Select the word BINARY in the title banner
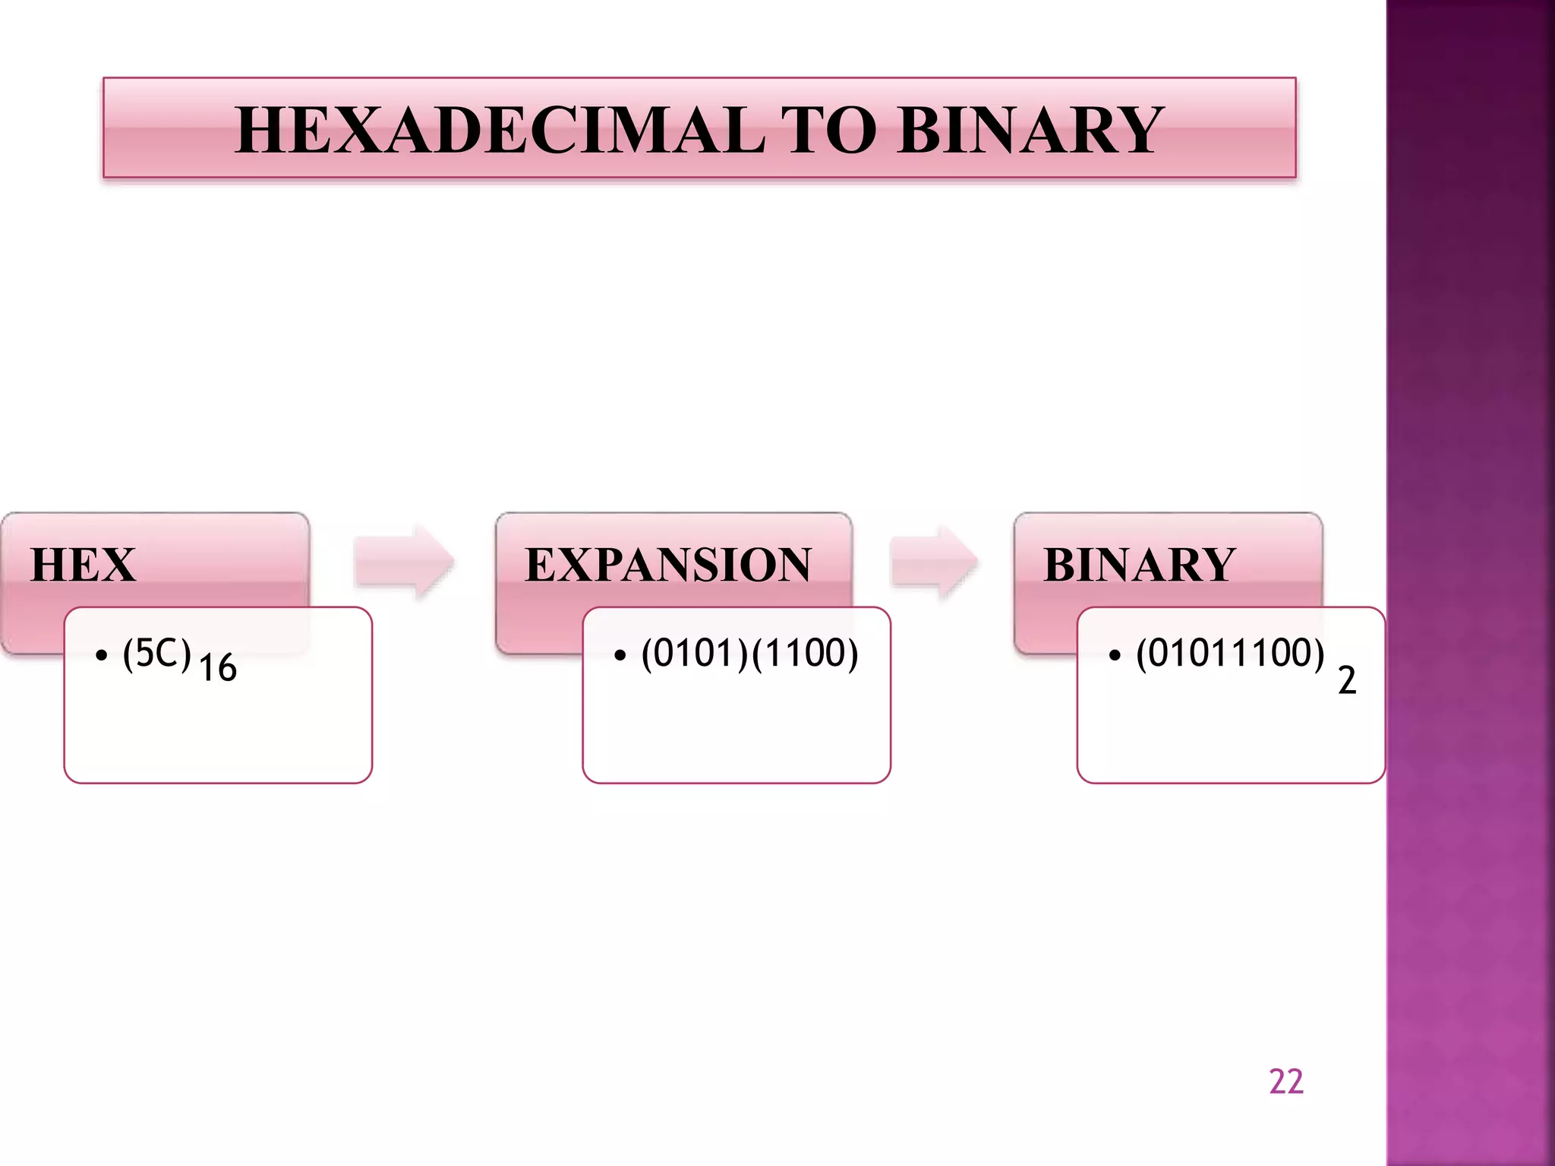pyautogui.click(x=1030, y=131)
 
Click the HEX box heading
pyautogui.click(x=84, y=565)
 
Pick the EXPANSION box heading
pyautogui.click(x=668, y=565)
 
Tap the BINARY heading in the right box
pyautogui.click(x=1139, y=565)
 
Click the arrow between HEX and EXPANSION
pyautogui.click(x=404, y=563)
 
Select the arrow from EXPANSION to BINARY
pyautogui.click(x=934, y=563)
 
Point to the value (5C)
pyautogui.click(x=156, y=654)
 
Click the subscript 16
pyautogui.click(x=218, y=668)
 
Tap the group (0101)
pyautogui.click(x=694, y=654)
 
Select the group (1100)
pyautogui.click(x=805, y=654)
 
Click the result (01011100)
pyautogui.click(x=1230, y=654)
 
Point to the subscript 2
pyautogui.click(x=1347, y=680)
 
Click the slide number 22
pyautogui.click(x=1285, y=1082)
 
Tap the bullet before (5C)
pyautogui.click(x=102, y=655)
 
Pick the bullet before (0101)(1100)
pyautogui.click(x=620, y=655)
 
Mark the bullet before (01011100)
pyautogui.click(x=1115, y=655)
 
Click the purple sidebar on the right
pyautogui.click(x=1470, y=583)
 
